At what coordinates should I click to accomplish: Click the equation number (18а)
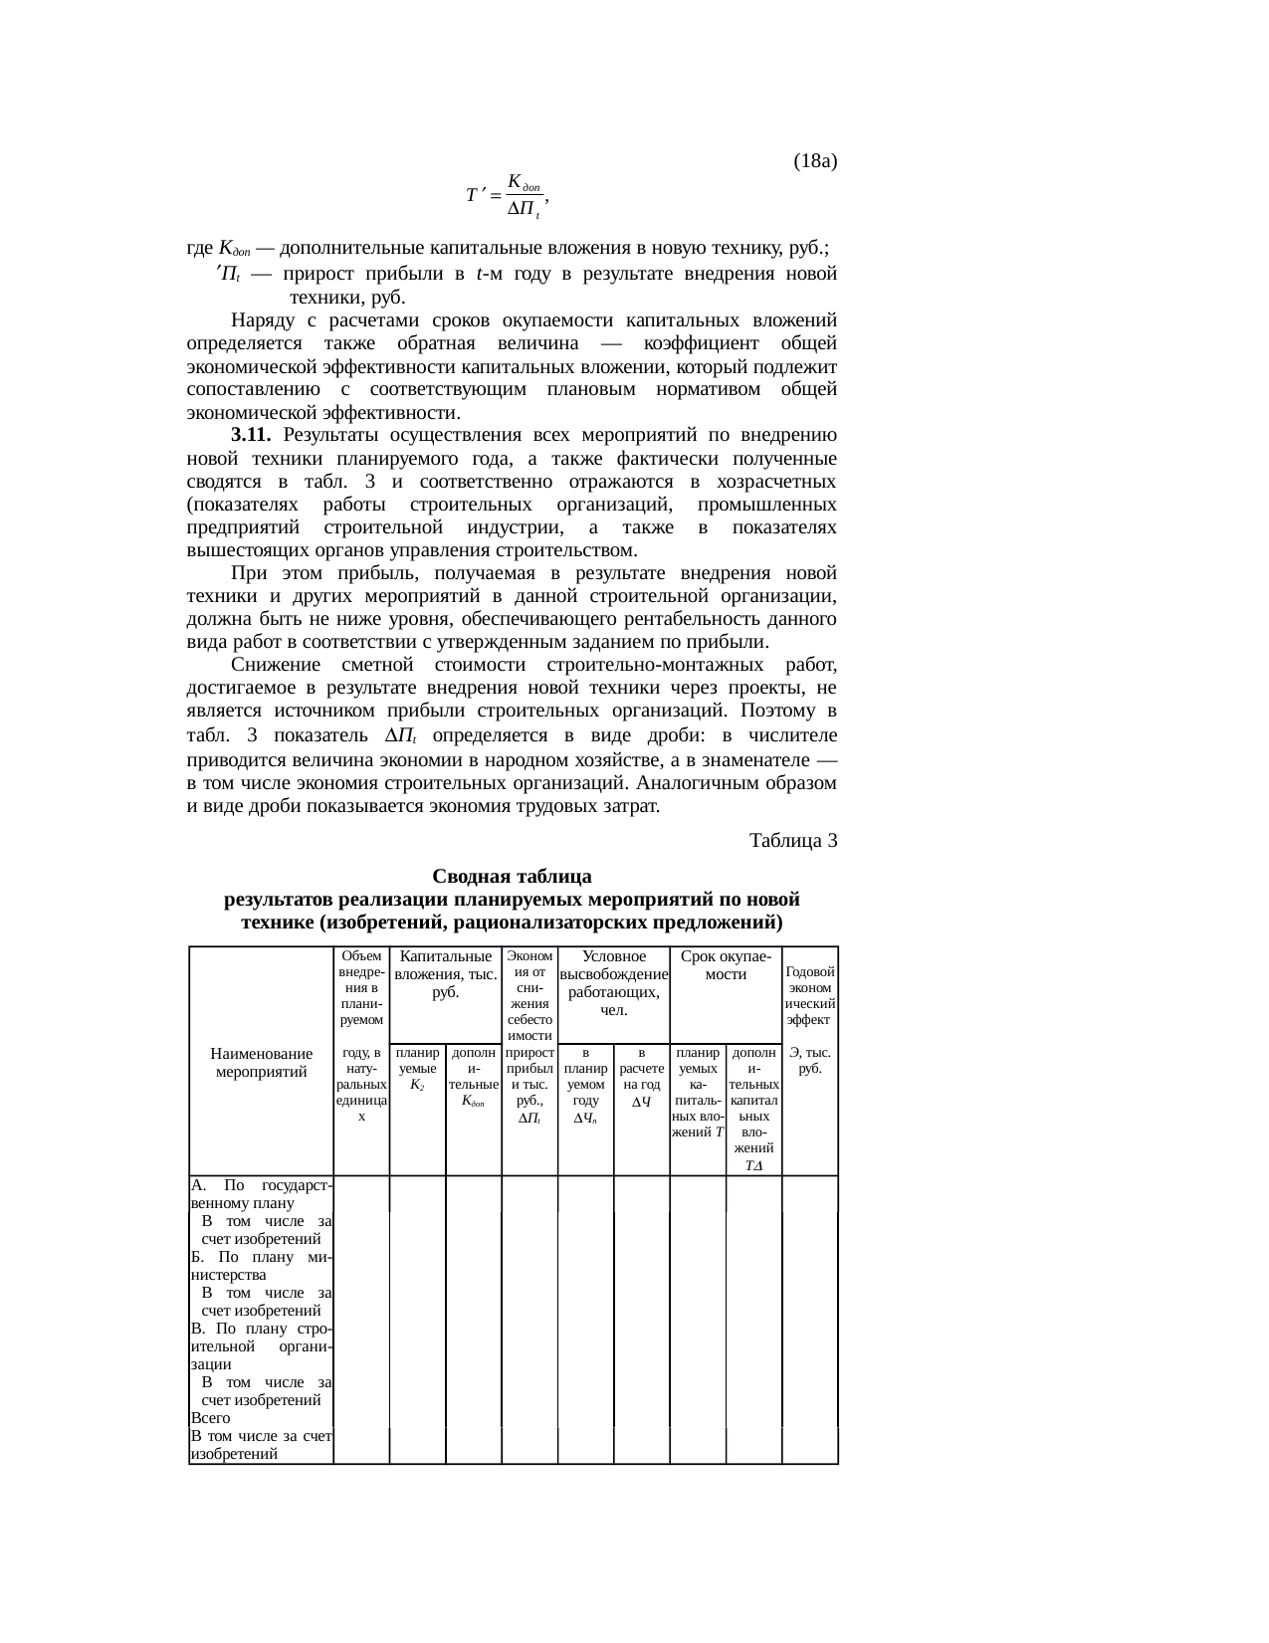tap(814, 160)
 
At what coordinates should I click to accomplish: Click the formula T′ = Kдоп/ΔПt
tap(507, 195)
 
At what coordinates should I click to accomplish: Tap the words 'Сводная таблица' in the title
tap(512, 877)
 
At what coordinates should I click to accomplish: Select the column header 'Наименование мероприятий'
tap(261, 1062)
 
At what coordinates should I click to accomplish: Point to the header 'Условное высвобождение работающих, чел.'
tap(613, 982)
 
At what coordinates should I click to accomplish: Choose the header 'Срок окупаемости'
tap(726, 964)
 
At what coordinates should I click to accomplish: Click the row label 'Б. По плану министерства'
tap(261, 1265)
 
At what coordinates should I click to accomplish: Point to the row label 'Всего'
tap(210, 1418)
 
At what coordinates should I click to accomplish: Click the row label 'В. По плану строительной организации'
tap(261, 1347)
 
